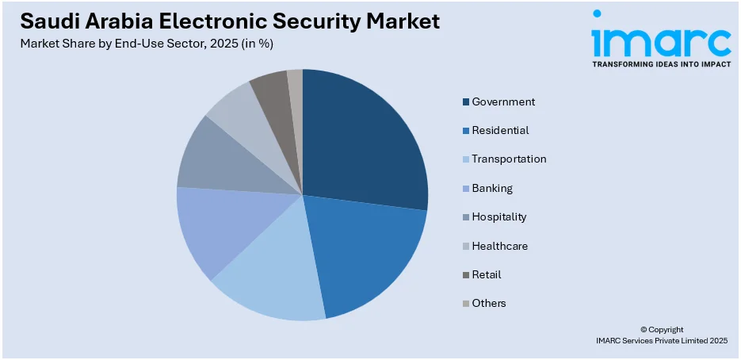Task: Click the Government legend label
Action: (503, 101)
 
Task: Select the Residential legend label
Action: (500, 130)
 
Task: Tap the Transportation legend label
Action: (509, 159)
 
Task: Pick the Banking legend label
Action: (492, 188)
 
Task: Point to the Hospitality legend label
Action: (499, 216)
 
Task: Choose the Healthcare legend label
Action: (499, 246)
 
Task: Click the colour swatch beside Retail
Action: (466, 275)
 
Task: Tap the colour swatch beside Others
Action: (466, 304)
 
